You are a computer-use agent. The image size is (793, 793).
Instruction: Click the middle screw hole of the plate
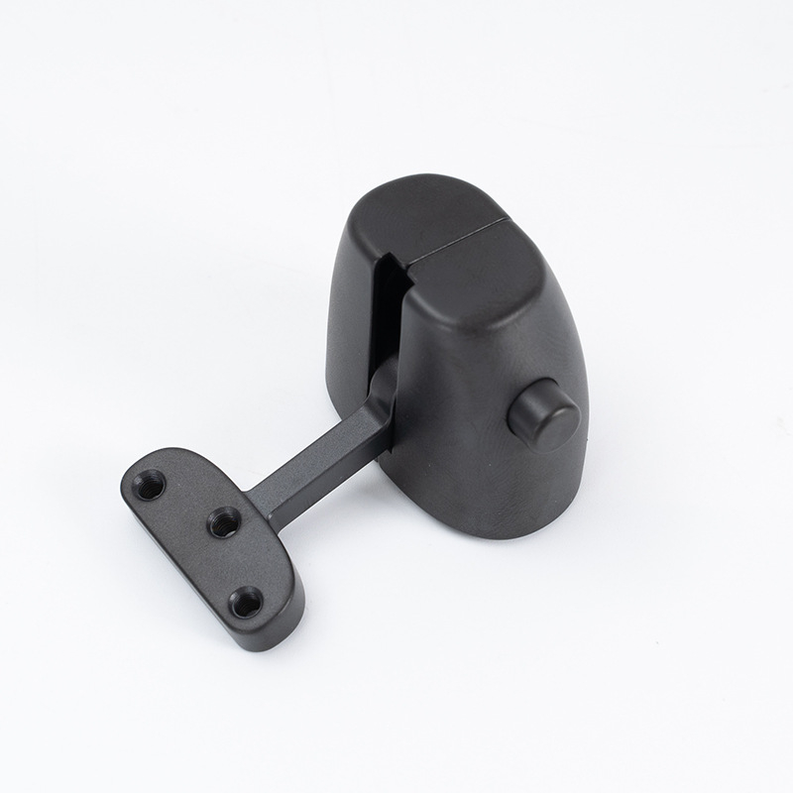tap(225, 521)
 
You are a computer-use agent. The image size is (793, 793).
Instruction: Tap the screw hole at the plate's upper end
tap(151, 485)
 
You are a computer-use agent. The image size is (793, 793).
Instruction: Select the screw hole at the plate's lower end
tap(245, 601)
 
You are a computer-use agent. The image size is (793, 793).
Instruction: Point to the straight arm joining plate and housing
tap(317, 464)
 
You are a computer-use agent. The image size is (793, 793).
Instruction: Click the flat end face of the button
tap(549, 421)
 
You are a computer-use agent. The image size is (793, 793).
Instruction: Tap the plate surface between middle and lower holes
tap(238, 562)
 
